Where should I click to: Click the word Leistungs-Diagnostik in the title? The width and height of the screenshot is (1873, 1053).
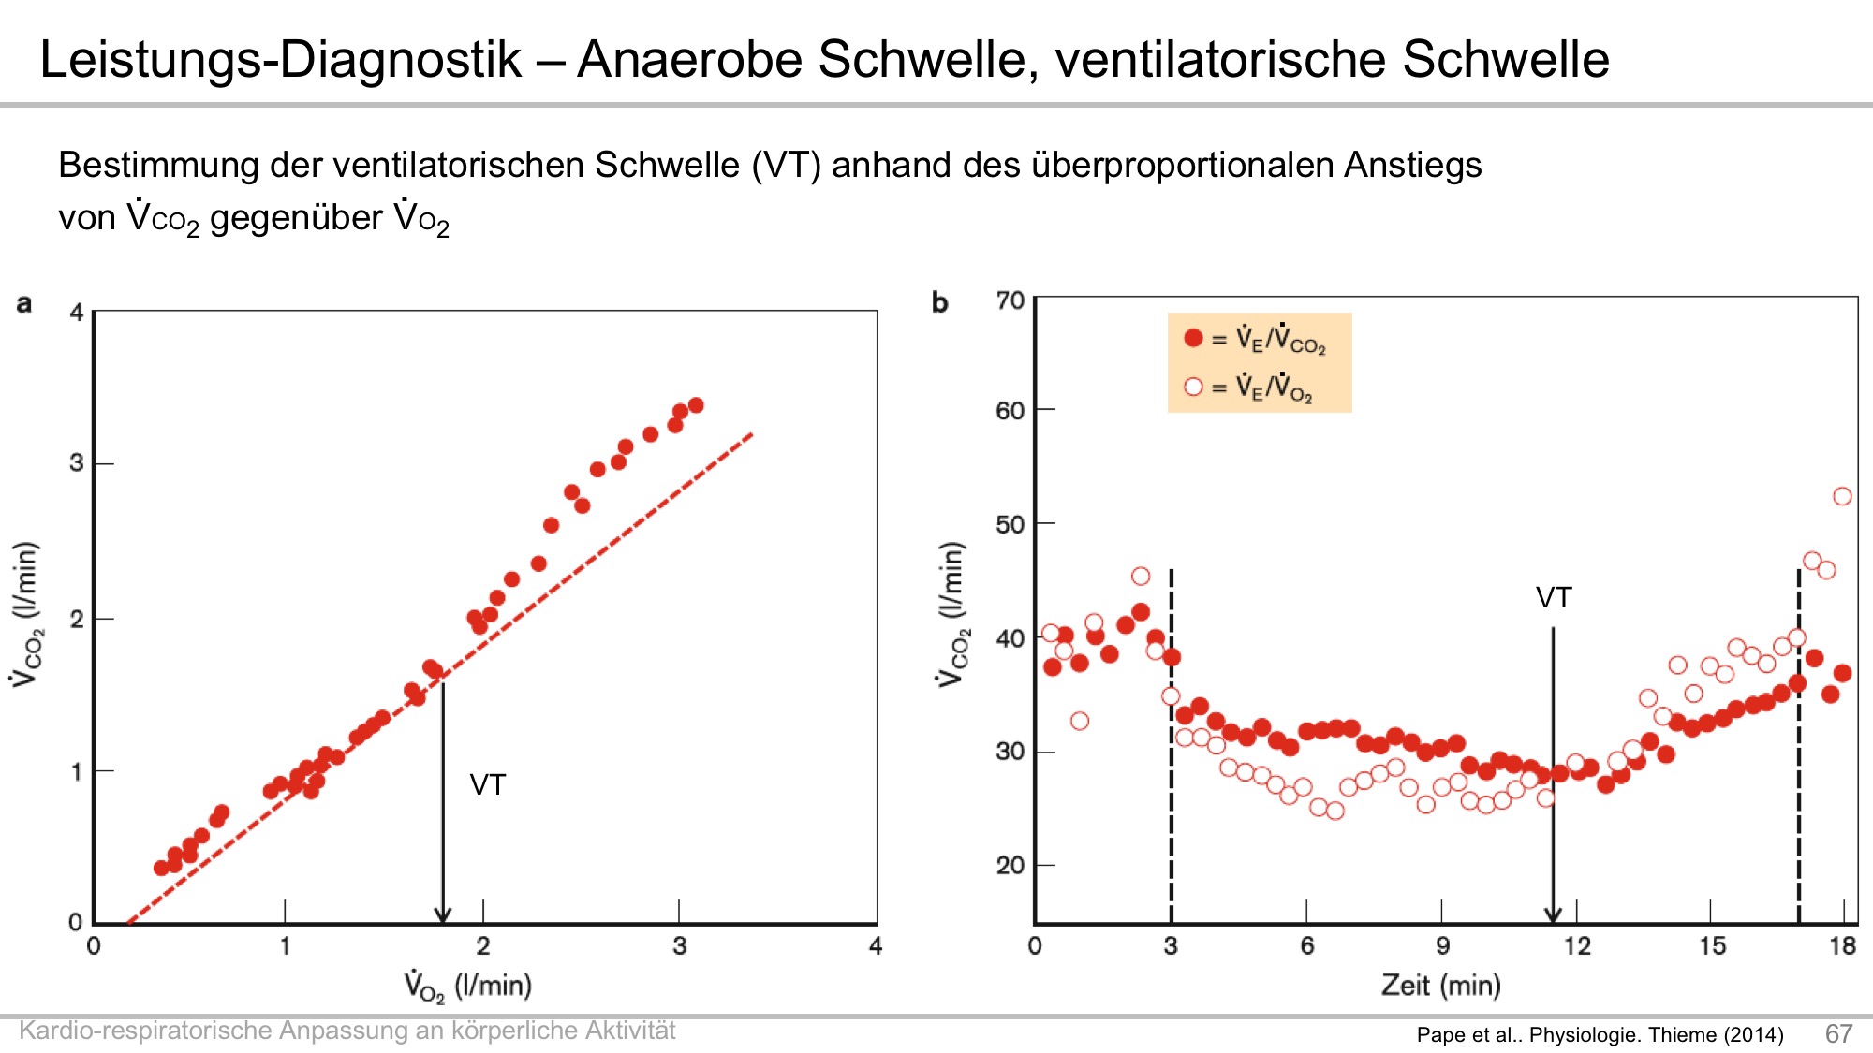pos(280,60)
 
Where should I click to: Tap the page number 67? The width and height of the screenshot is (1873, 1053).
pos(1838,1033)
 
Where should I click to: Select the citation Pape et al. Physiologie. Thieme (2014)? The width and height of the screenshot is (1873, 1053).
pos(1600,1034)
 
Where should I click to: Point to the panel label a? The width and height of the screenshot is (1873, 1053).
pos(24,303)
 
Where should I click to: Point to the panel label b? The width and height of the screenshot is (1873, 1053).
pos(939,302)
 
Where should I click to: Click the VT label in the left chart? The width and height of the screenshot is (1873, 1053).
pos(487,784)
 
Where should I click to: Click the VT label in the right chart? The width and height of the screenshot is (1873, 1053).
pos(1554,597)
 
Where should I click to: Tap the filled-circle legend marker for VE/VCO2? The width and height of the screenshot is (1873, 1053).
pos(1193,338)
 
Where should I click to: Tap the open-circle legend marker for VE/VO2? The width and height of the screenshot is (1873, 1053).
pos(1193,387)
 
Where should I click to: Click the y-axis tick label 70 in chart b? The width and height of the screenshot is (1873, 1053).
pos(1010,300)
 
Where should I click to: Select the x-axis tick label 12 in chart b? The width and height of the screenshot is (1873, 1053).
pos(1577,945)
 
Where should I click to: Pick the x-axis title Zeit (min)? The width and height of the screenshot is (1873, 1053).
pos(1440,985)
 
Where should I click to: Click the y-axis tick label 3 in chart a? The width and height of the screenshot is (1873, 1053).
pos(77,463)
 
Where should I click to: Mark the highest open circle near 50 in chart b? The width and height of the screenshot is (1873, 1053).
pos(1842,496)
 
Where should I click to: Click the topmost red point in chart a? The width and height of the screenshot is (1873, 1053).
pos(696,405)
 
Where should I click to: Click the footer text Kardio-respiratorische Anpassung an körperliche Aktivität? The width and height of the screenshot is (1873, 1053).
pos(347,1031)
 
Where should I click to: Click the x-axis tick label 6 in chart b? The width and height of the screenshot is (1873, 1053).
pos(1307,945)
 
